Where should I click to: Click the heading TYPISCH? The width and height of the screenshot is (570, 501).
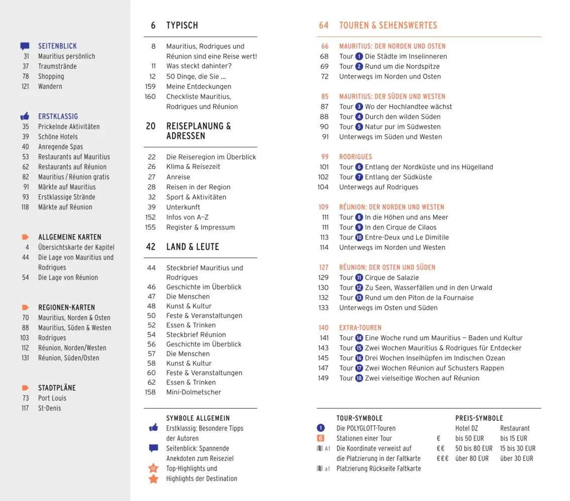pos(182,26)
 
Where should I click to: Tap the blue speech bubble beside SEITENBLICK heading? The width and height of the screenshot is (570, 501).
pos(25,46)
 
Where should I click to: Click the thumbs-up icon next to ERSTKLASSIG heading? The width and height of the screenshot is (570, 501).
pos(25,116)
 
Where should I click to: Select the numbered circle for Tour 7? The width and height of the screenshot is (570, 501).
pos(359,177)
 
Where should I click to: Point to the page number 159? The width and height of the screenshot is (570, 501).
pos(150,87)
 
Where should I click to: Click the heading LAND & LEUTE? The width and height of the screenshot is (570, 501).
pos(193,246)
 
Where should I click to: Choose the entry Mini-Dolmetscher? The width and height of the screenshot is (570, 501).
pos(193,392)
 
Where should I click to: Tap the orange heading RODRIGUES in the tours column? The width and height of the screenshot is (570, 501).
pos(355,157)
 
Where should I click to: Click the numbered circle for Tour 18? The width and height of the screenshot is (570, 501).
pos(359,378)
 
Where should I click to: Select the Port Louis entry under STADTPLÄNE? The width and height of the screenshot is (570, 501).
pos(52,398)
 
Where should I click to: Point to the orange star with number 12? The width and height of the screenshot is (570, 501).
pos(154,468)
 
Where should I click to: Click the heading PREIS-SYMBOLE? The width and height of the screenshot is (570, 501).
pos(479,418)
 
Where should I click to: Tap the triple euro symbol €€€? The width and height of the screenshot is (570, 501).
pos(442,458)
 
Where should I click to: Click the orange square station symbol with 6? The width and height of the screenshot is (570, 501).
pos(321,438)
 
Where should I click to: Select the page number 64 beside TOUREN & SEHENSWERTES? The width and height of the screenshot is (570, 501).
pos(324,26)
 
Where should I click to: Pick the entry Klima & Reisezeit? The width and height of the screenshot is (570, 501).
pos(193,167)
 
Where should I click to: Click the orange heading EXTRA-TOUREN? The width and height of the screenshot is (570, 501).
pos(360,328)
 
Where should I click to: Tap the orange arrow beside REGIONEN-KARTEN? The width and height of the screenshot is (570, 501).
pos(25,307)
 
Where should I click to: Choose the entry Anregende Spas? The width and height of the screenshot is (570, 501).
pos(60,147)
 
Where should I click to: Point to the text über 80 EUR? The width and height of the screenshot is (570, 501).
pos(472,458)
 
